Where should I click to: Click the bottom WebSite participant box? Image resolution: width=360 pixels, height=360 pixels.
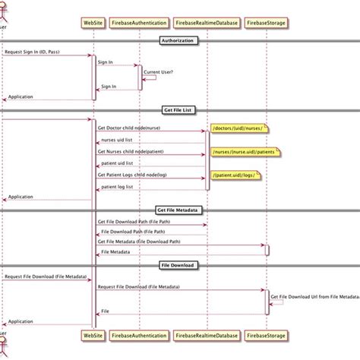click(x=93, y=334)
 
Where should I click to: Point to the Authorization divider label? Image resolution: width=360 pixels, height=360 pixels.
click(x=180, y=39)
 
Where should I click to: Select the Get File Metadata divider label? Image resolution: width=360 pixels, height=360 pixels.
click(x=180, y=210)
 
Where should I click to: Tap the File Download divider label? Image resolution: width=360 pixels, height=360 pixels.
click(x=180, y=265)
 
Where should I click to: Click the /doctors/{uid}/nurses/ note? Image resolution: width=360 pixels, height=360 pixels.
click(x=239, y=128)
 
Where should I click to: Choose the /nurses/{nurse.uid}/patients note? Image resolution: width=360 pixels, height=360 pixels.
click(x=243, y=152)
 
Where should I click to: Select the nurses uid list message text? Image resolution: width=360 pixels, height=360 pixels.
click(x=118, y=140)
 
